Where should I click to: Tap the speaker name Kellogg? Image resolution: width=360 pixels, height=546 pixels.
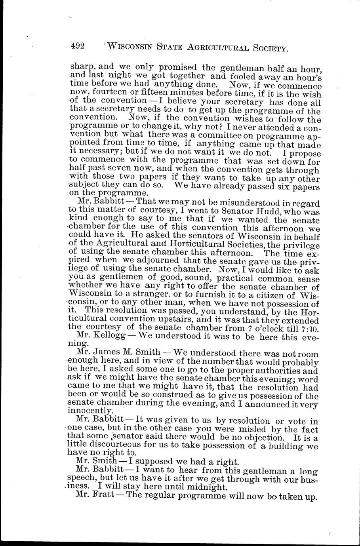pos(110,337)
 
